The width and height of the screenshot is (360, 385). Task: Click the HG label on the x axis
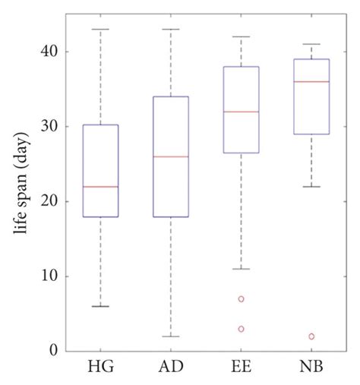(101, 368)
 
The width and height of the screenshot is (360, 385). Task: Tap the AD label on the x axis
(171, 368)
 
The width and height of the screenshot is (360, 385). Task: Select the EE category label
(241, 368)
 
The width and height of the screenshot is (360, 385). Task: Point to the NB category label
(311, 368)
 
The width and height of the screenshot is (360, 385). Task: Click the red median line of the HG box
(101, 187)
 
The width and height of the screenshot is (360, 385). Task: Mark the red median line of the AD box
(171, 156)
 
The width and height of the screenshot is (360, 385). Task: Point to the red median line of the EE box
(241, 112)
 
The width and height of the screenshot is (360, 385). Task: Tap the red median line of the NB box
(311, 81)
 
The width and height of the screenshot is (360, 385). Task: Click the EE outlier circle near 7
(241, 299)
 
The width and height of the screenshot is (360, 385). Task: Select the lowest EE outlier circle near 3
(241, 329)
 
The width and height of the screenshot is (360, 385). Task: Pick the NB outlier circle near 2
(311, 336)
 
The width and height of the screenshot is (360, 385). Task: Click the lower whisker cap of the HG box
(101, 306)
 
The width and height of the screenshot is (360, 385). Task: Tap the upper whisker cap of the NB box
(311, 44)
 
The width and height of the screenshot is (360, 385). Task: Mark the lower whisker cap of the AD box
(171, 336)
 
